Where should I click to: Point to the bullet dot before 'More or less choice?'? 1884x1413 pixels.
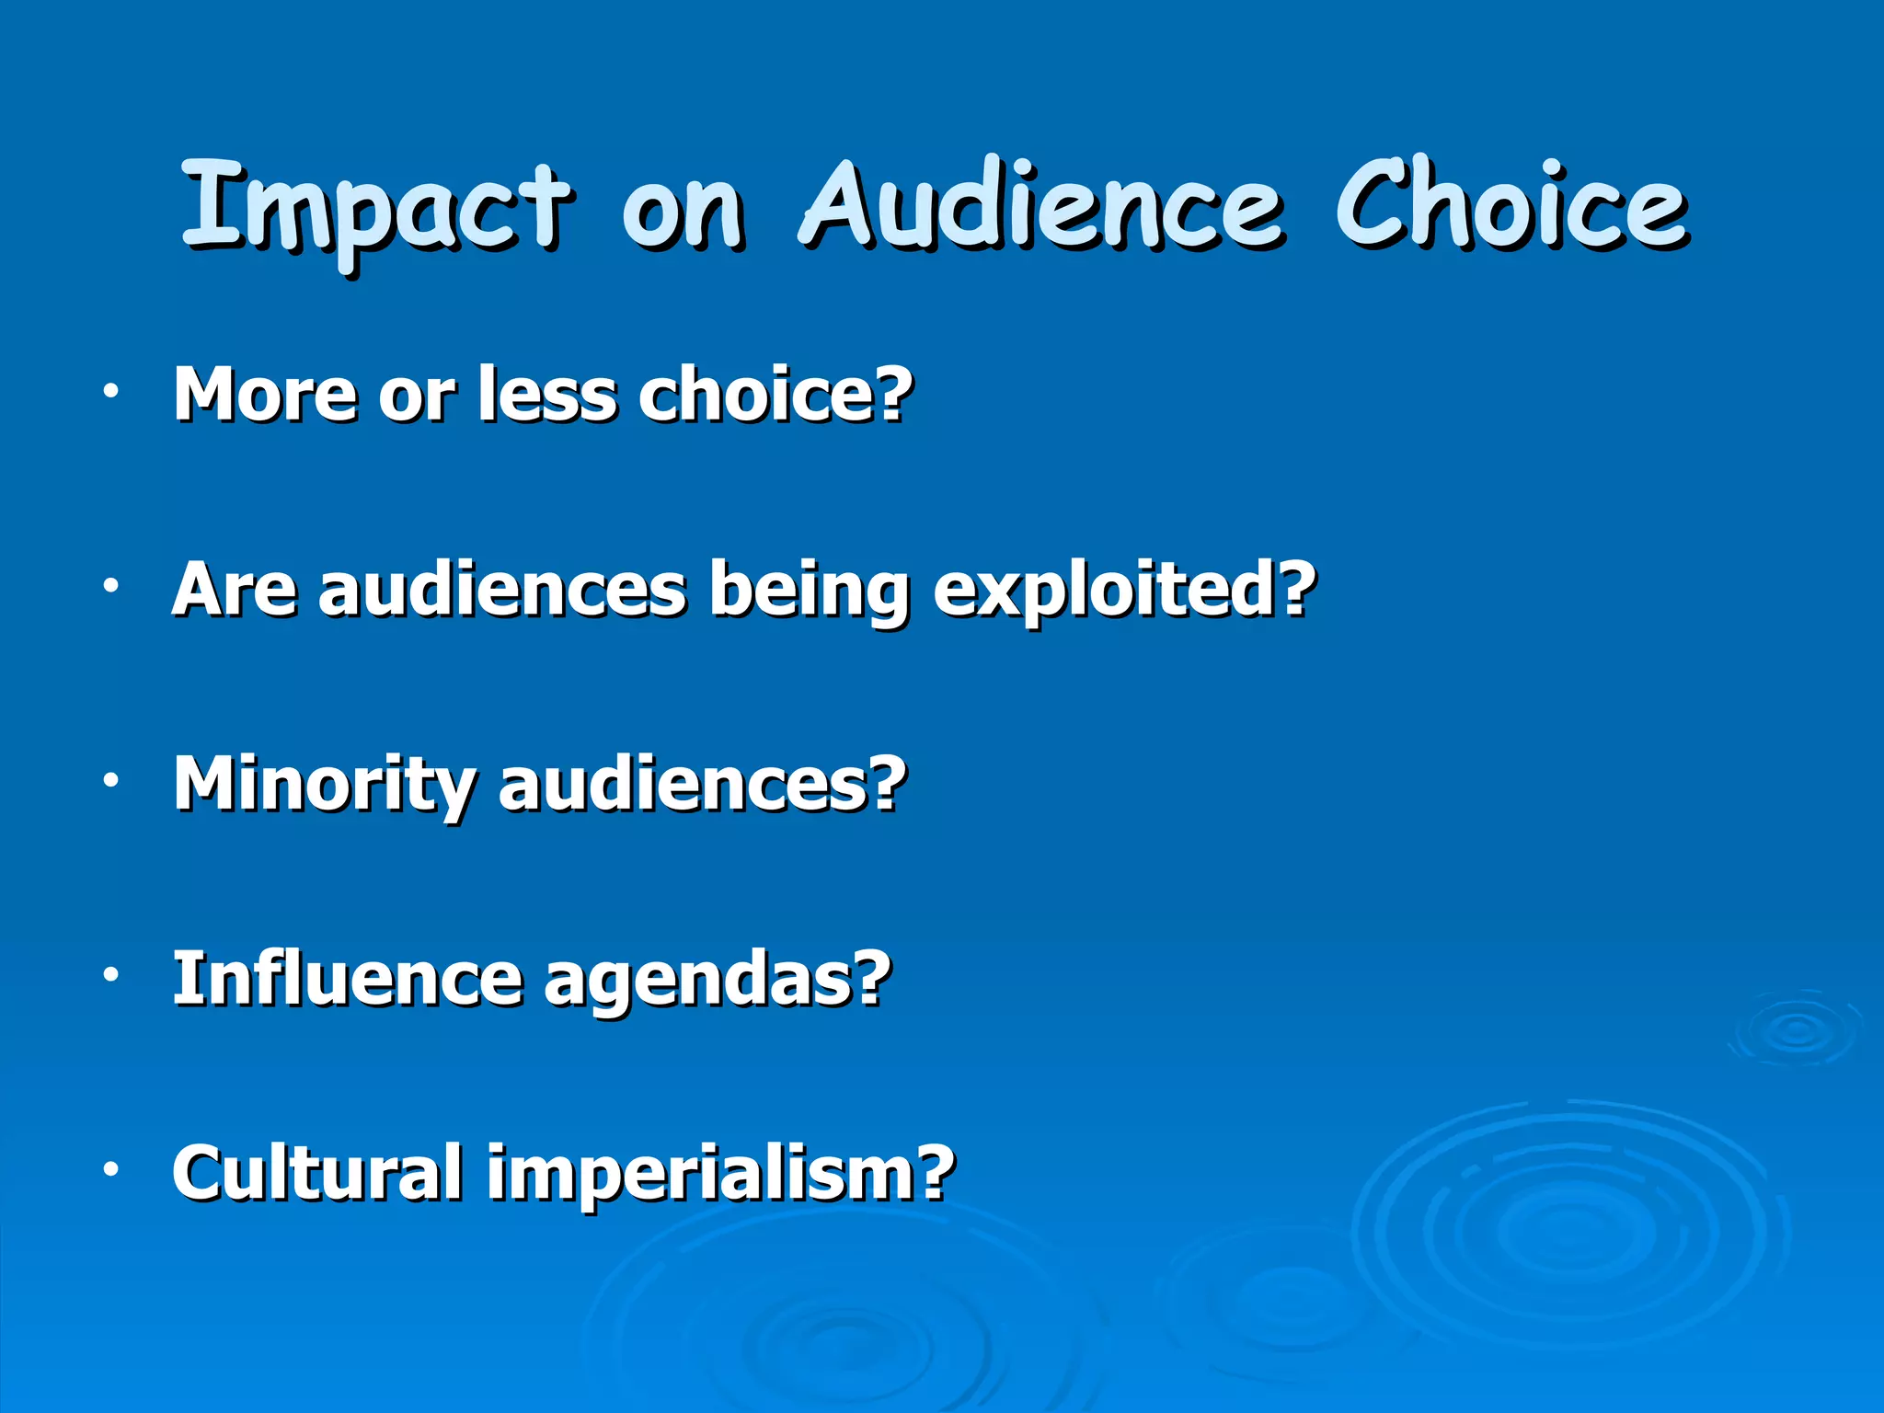click(x=111, y=391)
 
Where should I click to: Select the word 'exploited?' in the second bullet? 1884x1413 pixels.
click(x=1124, y=591)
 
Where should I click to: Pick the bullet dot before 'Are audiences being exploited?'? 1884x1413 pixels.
click(x=111, y=585)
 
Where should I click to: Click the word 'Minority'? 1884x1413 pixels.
click(x=324, y=785)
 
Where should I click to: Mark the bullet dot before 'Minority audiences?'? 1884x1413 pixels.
click(x=111, y=780)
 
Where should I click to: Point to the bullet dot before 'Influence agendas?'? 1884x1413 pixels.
click(x=111, y=974)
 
